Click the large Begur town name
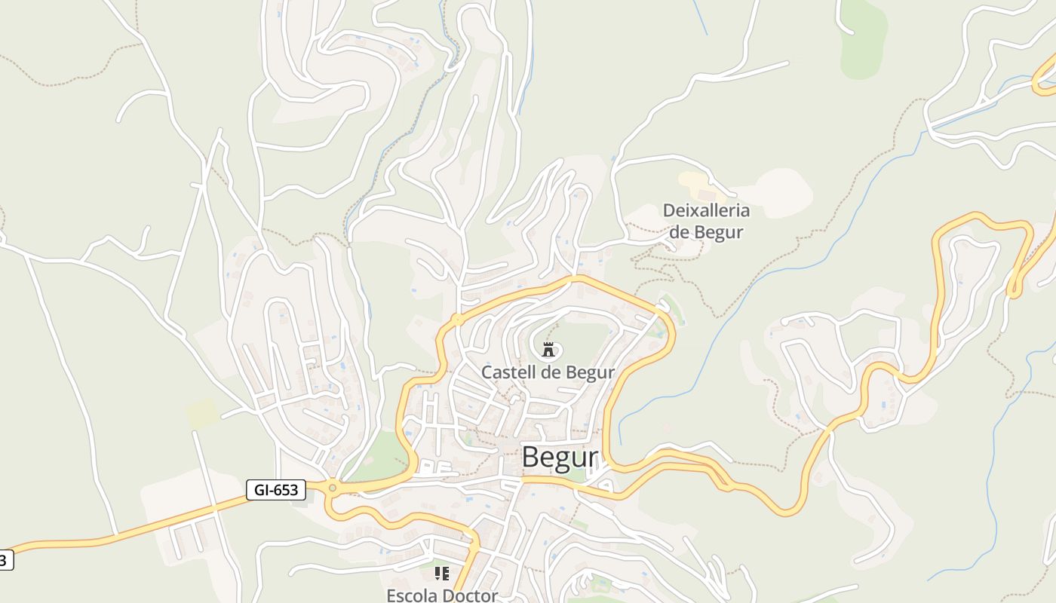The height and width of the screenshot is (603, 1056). [x=559, y=457]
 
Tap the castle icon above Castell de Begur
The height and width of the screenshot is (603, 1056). [x=548, y=349]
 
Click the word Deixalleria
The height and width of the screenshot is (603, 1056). [x=706, y=210]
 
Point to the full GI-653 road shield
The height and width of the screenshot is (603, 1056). [x=275, y=490]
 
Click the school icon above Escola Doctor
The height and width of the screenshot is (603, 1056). [x=442, y=574]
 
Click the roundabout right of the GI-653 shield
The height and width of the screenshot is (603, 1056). [x=332, y=488]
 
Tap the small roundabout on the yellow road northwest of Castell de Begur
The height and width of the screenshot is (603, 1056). [x=457, y=320]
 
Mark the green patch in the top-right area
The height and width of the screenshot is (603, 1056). [x=863, y=38]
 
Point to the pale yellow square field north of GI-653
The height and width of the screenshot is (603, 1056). [x=201, y=413]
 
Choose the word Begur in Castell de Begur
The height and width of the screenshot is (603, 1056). [x=591, y=372]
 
